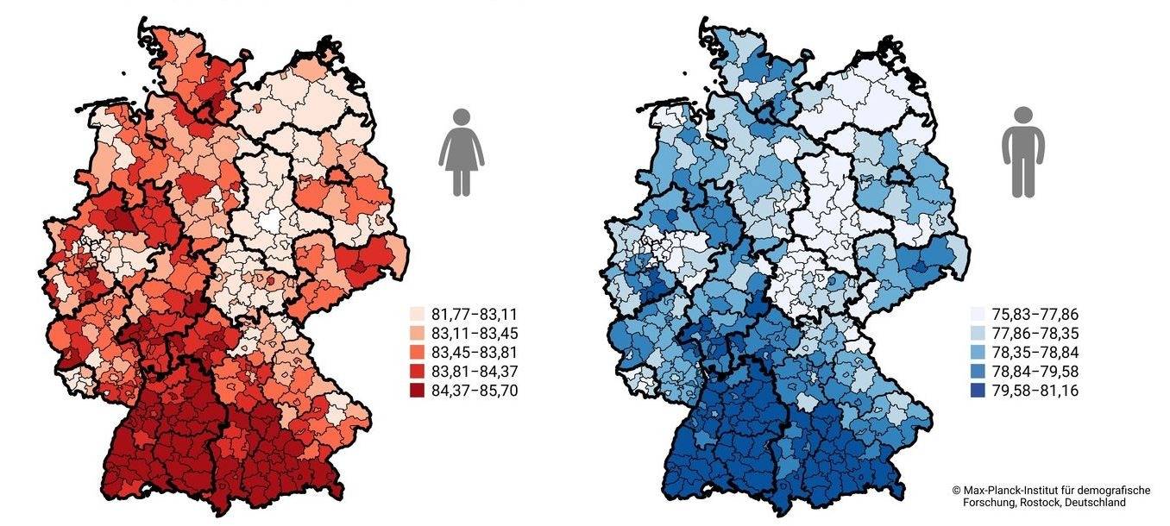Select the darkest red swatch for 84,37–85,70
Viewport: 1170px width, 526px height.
pos(417,391)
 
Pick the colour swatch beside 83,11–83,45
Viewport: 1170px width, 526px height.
pos(417,333)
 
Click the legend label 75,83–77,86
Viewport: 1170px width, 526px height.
pos(1032,314)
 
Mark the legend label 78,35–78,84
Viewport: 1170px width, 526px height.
pos(1032,352)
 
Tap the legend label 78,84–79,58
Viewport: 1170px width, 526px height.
pos(1032,372)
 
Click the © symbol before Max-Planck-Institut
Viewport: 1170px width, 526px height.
pos(956,490)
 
